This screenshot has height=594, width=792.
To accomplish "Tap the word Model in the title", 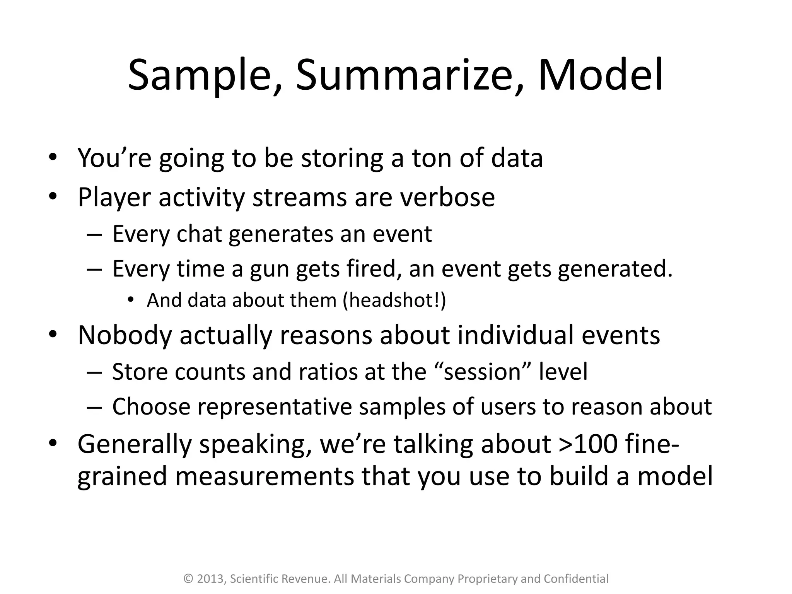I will tap(600, 75).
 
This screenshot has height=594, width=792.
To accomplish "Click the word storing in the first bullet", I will tap(342, 159).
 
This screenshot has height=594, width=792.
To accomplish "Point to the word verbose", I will tap(447, 197).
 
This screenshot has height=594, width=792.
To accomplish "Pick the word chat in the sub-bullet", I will tap(199, 234).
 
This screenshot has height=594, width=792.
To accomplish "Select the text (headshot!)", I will tap(394, 300).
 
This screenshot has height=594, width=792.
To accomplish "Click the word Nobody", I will tap(125, 335).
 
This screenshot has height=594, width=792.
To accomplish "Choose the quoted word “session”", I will tap(482, 372).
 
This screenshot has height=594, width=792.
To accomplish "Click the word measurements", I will tap(264, 476).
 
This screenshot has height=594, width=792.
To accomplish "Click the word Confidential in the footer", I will tap(576, 579).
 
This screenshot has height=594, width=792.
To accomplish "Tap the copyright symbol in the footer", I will tap(188, 579).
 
